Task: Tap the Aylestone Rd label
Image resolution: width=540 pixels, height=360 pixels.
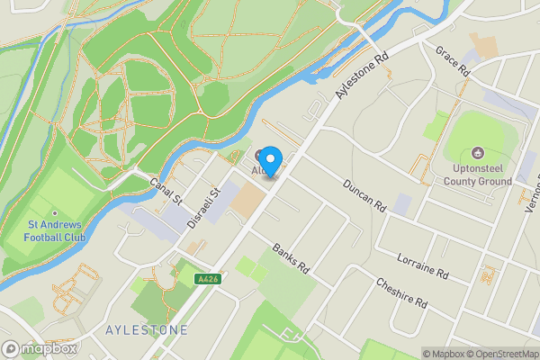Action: [361, 76]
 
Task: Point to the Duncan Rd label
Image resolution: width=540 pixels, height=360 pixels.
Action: [364, 194]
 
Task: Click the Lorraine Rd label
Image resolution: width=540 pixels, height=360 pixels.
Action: [422, 263]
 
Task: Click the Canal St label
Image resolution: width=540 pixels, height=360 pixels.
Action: [166, 190]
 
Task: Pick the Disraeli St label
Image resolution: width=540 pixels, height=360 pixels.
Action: [213, 206]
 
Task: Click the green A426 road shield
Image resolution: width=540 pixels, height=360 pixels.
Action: [207, 281]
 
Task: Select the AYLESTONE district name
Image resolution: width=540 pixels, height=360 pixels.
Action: [146, 330]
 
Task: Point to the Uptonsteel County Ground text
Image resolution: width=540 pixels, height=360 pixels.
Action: [477, 175]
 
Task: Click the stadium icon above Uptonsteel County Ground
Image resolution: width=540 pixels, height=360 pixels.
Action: [477, 153]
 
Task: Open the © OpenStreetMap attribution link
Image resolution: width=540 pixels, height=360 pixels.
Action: [504, 354]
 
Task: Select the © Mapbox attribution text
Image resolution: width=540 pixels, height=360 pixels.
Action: [444, 354]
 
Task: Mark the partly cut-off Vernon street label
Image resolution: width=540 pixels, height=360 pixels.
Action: [530, 193]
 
